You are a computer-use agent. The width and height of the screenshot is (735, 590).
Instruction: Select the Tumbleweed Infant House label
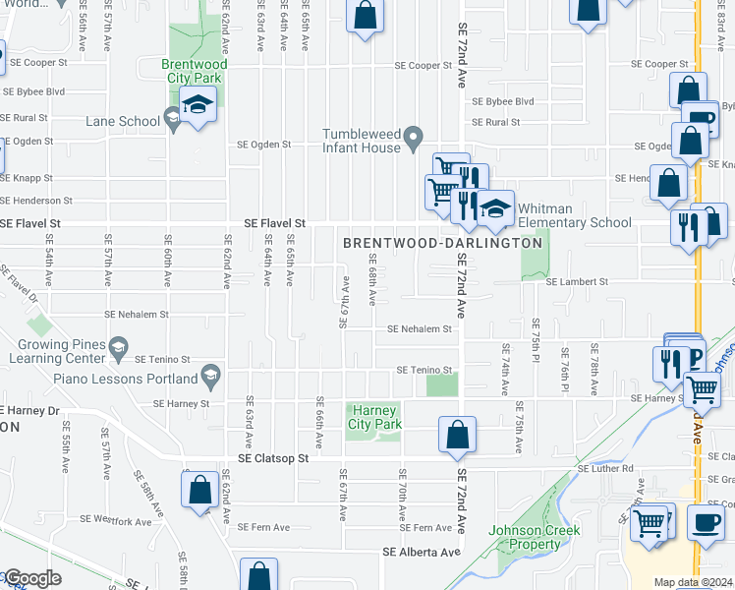click(x=362, y=141)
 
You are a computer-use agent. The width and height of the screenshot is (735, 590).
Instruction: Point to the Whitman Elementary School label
click(x=575, y=215)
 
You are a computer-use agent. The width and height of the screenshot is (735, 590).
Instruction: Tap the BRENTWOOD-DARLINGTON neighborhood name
click(x=442, y=243)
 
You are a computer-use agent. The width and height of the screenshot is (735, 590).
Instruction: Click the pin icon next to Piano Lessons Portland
click(x=209, y=373)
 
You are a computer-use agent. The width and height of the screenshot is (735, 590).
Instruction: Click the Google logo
click(x=31, y=579)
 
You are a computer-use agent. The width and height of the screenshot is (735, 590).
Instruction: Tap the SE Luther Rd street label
click(x=605, y=469)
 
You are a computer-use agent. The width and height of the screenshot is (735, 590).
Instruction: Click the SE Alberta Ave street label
click(x=422, y=552)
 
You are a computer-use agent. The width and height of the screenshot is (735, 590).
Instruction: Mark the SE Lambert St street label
click(x=577, y=281)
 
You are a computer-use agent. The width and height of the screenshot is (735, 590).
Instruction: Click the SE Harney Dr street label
click(x=29, y=410)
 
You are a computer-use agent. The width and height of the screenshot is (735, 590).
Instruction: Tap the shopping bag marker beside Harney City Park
click(x=457, y=435)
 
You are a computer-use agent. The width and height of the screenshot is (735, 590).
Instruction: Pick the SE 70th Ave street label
click(x=403, y=497)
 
